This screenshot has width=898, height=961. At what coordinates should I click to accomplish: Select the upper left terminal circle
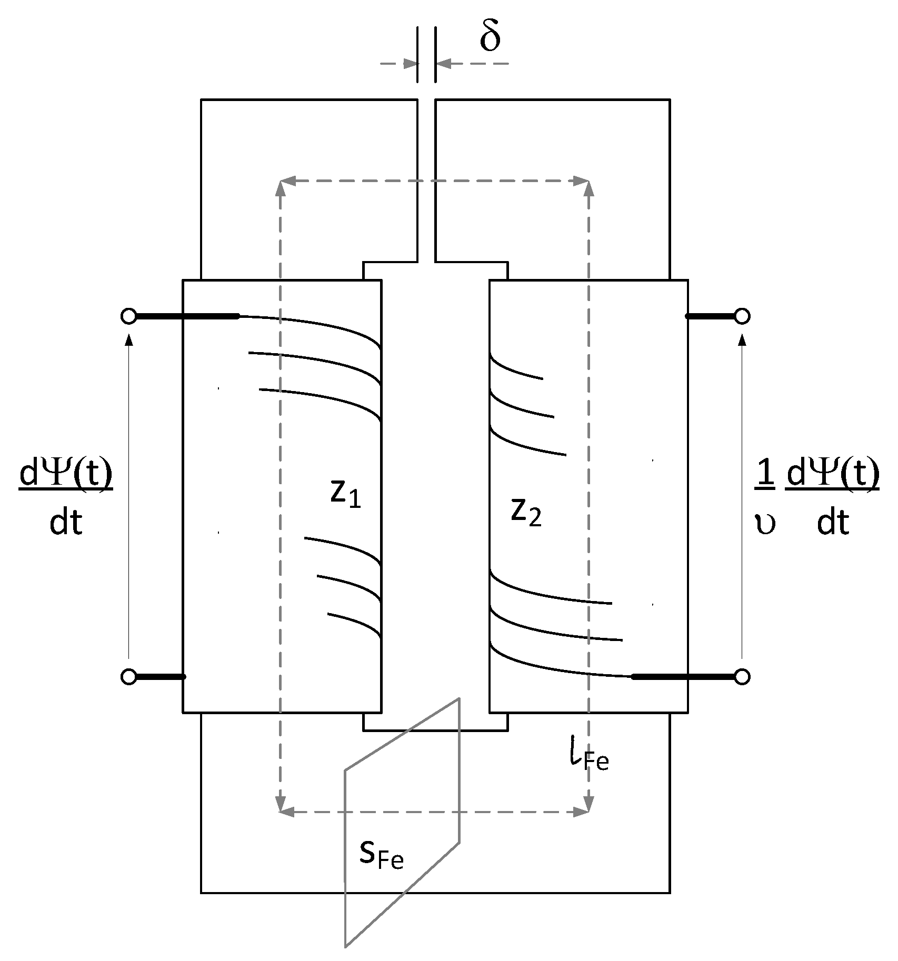coord(128,316)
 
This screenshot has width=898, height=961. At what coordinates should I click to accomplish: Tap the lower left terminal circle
coord(128,676)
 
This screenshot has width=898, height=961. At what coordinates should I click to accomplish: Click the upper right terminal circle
coord(742,316)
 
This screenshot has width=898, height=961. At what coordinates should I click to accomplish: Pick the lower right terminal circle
coord(742,676)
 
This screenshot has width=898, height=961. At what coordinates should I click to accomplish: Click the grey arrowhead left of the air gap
coord(411,64)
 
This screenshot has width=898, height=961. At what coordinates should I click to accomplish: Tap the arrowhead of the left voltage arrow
coord(129,341)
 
